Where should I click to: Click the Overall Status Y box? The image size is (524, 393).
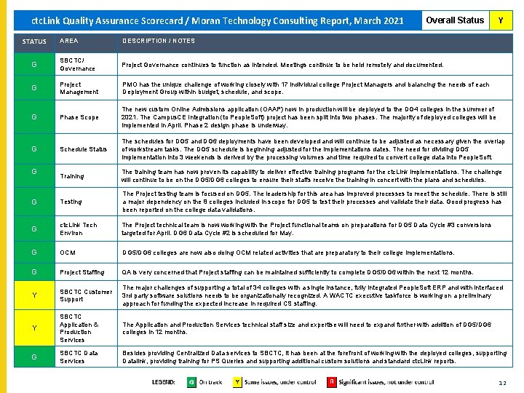coord(499,20)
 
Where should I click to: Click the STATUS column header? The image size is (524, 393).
coord(34,41)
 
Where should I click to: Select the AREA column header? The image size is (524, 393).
coord(69,41)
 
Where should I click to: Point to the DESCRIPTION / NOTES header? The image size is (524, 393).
coord(158,41)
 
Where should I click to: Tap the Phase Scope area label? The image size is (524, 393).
coord(79,117)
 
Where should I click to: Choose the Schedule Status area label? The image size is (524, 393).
coord(83,149)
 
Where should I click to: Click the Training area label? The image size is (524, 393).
coord(72,176)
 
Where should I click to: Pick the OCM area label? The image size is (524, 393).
coord(68,253)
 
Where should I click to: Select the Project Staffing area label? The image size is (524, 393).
coord(82,272)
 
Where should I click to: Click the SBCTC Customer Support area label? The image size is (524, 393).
coord(86,295)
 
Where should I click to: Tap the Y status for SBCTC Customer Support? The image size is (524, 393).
coord(34,295)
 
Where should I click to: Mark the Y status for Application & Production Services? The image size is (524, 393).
coord(34,328)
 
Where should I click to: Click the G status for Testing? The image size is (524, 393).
coord(34,202)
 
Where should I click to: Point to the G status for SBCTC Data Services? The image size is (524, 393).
coord(34,357)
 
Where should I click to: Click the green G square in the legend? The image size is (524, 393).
coord(191,381)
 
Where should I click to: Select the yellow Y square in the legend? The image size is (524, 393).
coord(237,381)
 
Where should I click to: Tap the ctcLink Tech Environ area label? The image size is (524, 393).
coord(79,229)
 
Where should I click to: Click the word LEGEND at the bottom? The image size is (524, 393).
coord(163,381)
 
